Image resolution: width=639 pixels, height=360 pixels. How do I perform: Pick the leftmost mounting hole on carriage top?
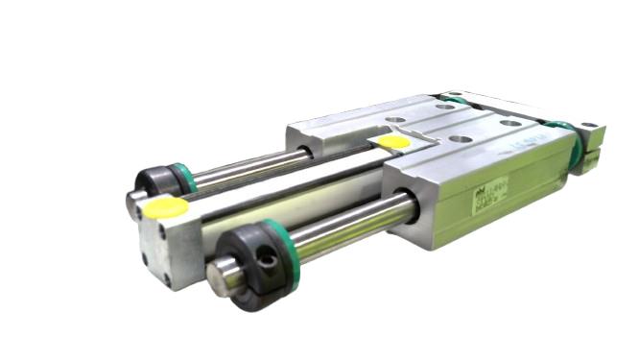click(397, 123)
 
